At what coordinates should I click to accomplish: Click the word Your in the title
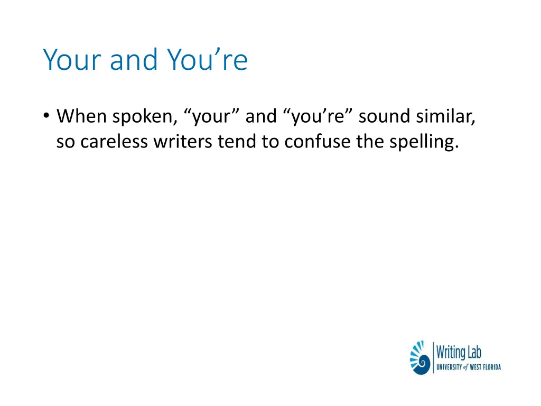(x=73, y=60)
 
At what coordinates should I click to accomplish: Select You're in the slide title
(x=208, y=60)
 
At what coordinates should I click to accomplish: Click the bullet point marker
(x=46, y=116)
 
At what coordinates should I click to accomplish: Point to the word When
(x=82, y=116)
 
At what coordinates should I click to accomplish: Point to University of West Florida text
(x=468, y=367)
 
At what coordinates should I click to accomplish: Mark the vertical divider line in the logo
(x=433, y=357)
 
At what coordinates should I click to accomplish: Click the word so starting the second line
(x=66, y=142)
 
